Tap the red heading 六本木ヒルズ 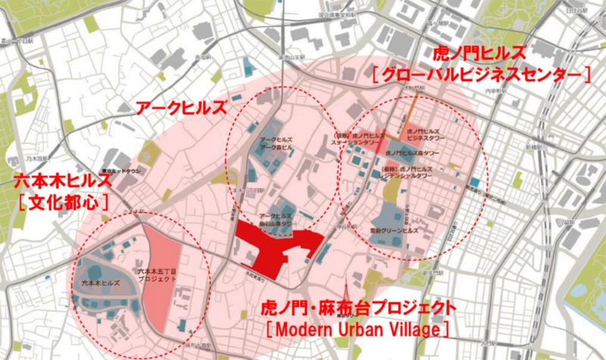[63, 181]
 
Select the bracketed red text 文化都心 [63, 202]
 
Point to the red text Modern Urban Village [358, 330]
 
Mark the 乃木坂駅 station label [14, 160]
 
